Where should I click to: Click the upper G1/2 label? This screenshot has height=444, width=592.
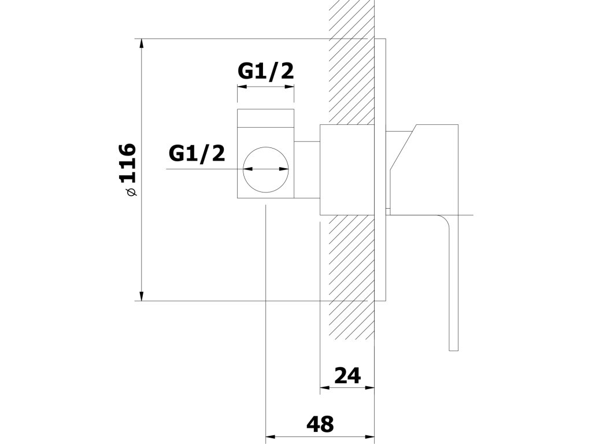(x=266, y=71)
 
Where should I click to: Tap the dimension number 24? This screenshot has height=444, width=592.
(x=347, y=376)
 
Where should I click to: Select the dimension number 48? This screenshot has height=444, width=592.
(x=320, y=424)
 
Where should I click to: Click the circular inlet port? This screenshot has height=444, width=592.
(x=266, y=169)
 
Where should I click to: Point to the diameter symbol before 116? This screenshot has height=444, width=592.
(x=131, y=191)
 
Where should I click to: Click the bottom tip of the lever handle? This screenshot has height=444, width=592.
(x=453, y=348)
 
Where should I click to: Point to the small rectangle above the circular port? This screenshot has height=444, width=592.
(x=266, y=118)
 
